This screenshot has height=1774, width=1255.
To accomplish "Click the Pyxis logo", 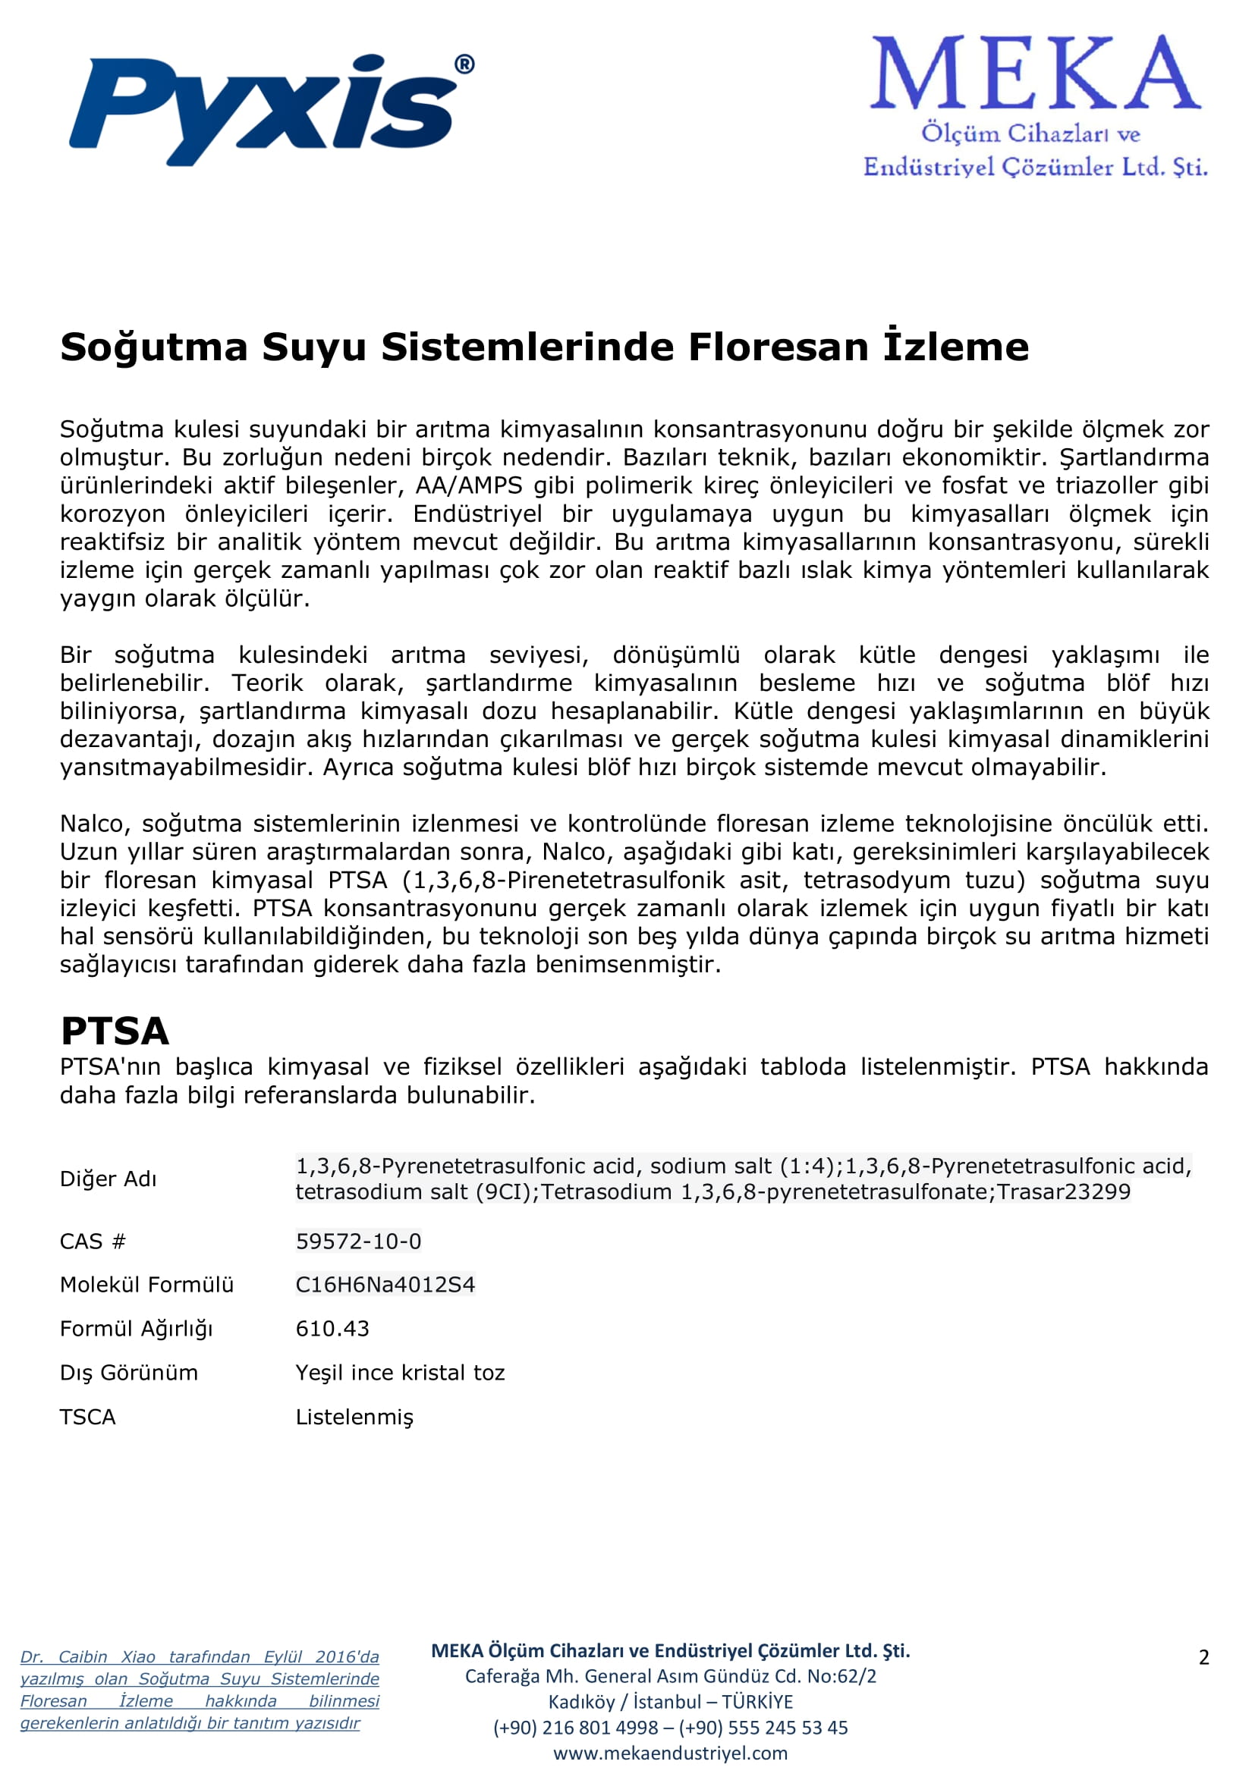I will (263, 108).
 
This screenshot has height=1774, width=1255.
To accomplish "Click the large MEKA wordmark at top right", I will (1036, 74).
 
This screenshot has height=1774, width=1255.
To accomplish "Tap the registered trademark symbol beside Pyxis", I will (464, 64).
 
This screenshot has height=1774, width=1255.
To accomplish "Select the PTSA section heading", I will (115, 1031).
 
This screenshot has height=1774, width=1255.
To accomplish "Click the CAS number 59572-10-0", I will (359, 1241).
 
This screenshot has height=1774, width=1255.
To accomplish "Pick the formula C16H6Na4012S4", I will (385, 1284).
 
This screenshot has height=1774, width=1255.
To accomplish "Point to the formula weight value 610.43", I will (332, 1328).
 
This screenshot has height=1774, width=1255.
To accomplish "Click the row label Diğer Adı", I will (109, 1179).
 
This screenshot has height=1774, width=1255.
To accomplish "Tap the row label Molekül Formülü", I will (147, 1284).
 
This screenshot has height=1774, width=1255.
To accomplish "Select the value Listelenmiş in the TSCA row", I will (354, 1416).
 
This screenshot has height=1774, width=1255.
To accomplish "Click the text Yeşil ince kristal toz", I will (401, 1372).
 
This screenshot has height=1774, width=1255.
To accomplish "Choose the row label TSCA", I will (87, 1416).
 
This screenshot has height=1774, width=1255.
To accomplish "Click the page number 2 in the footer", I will (1203, 1656).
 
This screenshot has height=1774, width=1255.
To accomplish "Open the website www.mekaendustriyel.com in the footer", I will (670, 1753).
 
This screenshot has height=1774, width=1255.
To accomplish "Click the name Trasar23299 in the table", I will (1063, 1192).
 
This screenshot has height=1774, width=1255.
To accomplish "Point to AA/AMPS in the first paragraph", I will (469, 485).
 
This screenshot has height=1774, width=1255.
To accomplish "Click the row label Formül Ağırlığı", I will (136, 1328).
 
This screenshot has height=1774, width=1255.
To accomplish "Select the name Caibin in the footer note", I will (83, 1656).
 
